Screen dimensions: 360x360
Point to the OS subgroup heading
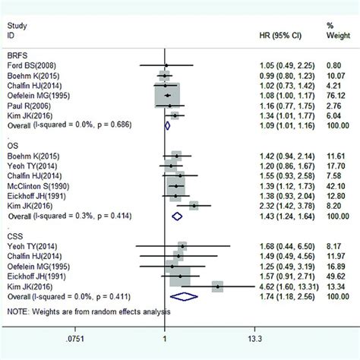click(x=14, y=145)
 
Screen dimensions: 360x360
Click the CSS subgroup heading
click(x=15, y=235)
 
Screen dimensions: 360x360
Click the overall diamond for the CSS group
click(x=185, y=298)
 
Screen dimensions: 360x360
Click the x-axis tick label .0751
click(x=74, y=339)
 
